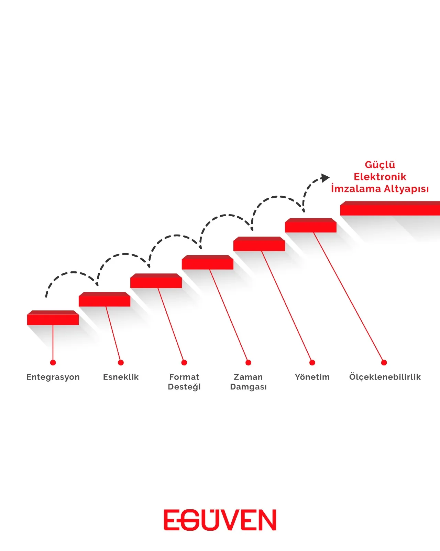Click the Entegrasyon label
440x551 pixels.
click(53, 377)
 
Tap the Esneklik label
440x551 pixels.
click(121, 377)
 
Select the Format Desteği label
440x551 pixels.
click(184, 382)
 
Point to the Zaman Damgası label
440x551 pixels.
click(248, 382)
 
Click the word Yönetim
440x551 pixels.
click(312, 377)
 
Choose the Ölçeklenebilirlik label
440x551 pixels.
click(385, 377)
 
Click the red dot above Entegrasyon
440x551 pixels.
click(53, 363)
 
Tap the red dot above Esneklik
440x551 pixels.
click(121, 363)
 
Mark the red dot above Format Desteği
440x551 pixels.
click(184, 363)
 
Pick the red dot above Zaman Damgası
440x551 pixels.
click(248, 363)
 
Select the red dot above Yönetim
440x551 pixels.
click(312, 363)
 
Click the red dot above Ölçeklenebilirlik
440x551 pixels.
click(384, 363)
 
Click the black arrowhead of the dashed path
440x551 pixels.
click(325, 178)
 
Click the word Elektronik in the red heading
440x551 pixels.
click(380, 177)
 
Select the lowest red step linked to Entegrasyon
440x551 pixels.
click(53, 318)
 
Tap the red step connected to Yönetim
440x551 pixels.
click(311, 225)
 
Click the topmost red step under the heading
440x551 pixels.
click(390, 208)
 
